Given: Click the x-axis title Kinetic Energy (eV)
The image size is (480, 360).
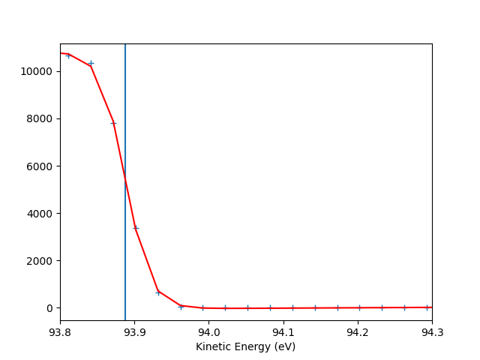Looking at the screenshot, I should [245, 346].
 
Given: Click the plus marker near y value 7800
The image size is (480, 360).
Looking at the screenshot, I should [113, 123].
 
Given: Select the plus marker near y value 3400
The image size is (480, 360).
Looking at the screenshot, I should [136, 228].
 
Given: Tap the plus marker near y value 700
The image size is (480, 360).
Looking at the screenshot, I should [158, 292].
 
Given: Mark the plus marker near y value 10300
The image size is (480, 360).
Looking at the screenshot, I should [91, 64].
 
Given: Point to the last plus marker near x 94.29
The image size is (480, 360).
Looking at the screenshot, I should [427, 307].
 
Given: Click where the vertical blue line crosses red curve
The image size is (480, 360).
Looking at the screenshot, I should [125, 178].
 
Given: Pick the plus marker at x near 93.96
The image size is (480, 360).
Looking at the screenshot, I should [181, 306].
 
